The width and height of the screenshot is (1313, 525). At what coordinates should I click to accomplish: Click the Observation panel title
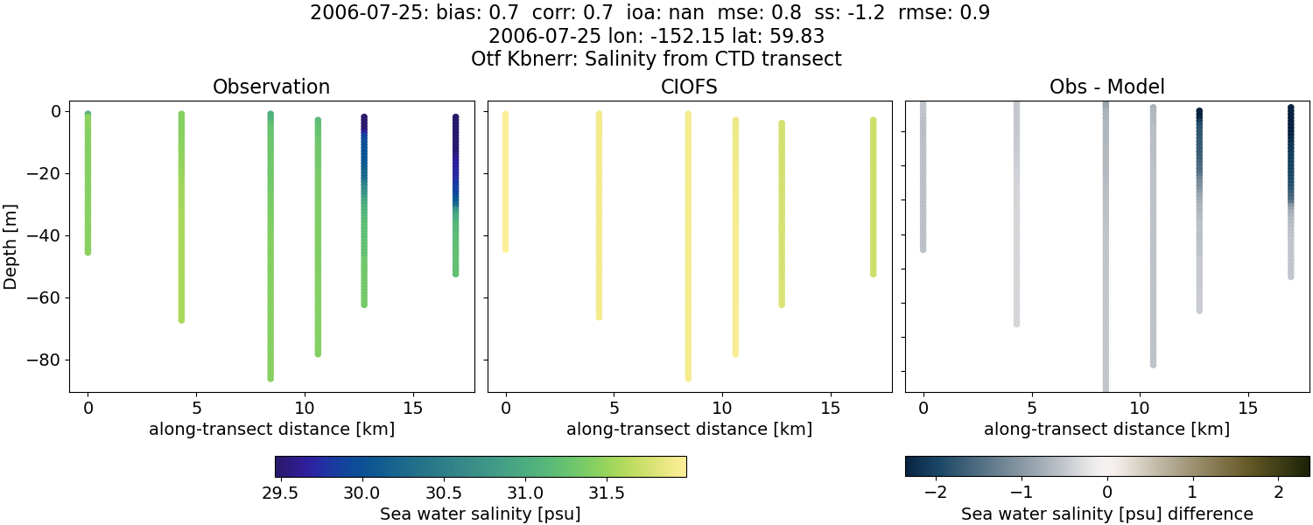(271, 87)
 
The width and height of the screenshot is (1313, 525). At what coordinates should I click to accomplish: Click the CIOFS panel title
(689, 87)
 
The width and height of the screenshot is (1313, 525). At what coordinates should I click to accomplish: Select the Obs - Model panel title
(1106, 87)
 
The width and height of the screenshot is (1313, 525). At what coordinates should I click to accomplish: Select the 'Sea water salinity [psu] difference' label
(1106, 514)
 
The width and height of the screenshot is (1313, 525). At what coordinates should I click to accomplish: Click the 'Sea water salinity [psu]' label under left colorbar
(480, 514)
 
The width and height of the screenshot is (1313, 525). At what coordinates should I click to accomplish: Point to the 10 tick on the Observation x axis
(305, 409)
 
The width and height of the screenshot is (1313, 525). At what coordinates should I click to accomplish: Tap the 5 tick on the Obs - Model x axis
(1032, 409)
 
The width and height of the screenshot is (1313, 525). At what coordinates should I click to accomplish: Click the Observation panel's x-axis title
(271, 430)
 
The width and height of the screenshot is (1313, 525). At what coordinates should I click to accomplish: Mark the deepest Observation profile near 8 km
(270, 262)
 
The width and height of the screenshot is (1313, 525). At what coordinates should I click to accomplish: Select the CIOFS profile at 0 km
(505, 184)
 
